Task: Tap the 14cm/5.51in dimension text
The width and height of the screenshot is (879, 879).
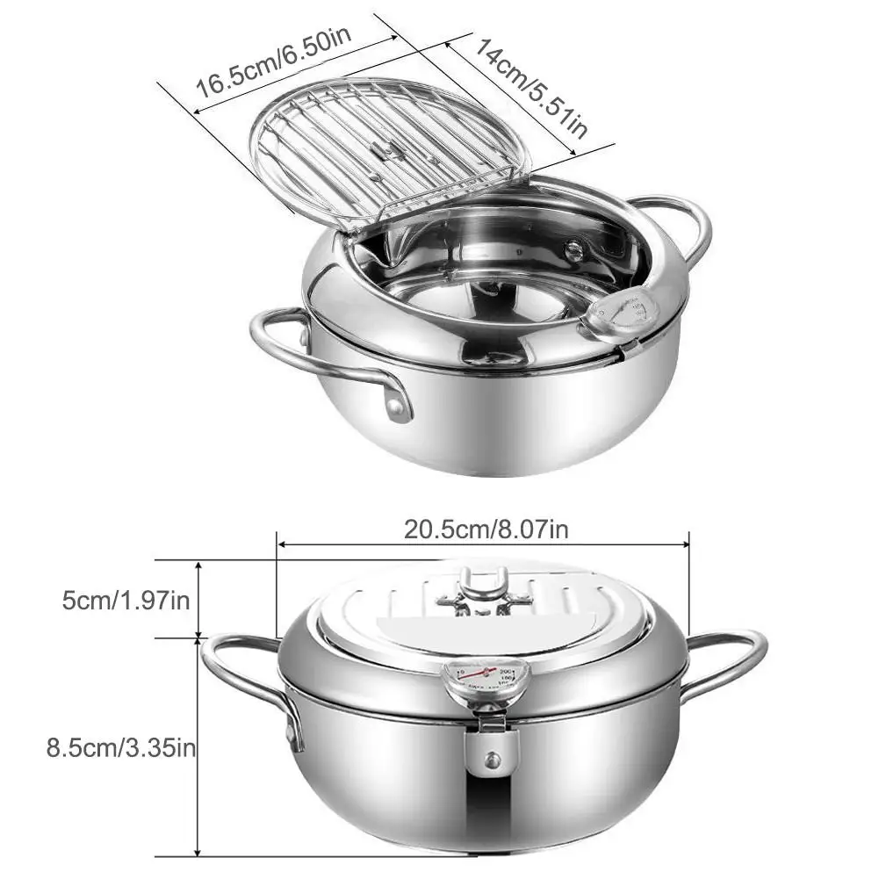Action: (x=531, y=85)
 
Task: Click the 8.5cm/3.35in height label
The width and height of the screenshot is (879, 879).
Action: (x=121, y=748)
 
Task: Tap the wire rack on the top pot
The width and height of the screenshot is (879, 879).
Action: (x=390, y=155)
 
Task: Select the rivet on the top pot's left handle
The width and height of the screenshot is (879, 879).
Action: (x=397, y=407)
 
